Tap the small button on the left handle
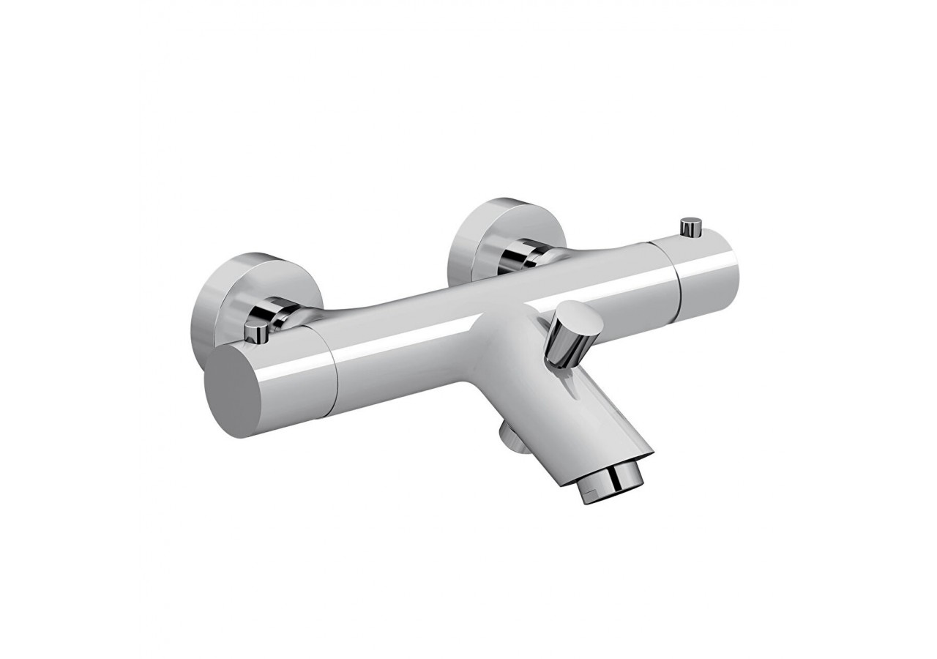(255, 333)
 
